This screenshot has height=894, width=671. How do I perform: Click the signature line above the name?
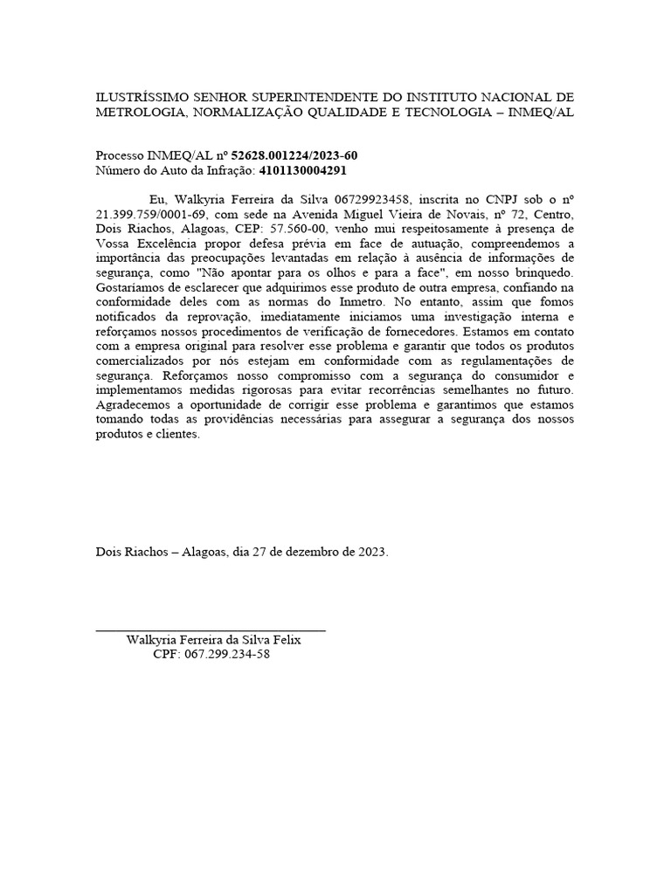(210, 629)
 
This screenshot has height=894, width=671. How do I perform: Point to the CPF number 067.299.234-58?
(226, 654)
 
